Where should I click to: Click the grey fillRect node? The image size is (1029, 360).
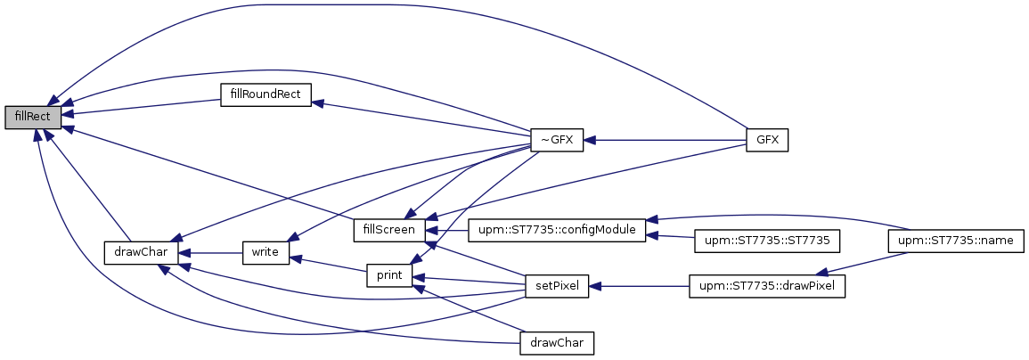pyautogui.click(x=33, y=117)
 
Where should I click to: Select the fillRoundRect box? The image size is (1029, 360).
pyautogui.click(x=265, y=94)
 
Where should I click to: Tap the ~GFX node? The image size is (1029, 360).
pyautogui.click(x=556, y=140)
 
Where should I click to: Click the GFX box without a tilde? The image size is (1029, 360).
pyautogui.click(x=767, y=140)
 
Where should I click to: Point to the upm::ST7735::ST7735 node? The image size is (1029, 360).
pyautogui.click(x=768, y=241)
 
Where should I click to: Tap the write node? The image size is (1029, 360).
pyautogui.click(x=265, y=252)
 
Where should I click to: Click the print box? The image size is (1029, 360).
pyautogui.click(x=388, y=275)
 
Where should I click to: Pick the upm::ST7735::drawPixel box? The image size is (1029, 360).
pyautogui.click(x=767, y=286)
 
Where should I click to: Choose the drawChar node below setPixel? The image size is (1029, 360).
pyautogui.click(x=556, y=342)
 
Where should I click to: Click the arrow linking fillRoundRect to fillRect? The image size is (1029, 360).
pyautogui.click(x=143, y=107)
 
